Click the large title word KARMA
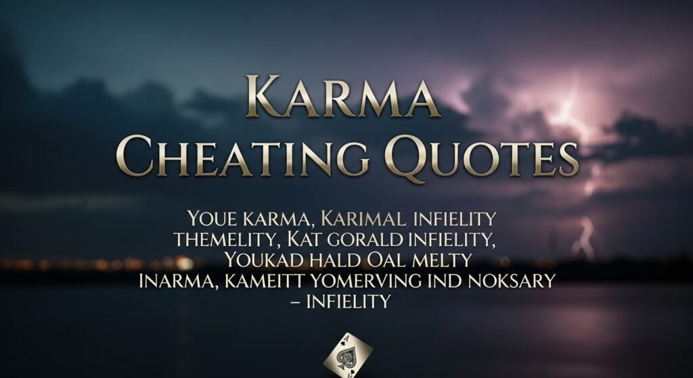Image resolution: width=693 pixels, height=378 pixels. coord(343,97)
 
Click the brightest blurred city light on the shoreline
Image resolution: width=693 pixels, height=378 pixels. coord(184,263)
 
